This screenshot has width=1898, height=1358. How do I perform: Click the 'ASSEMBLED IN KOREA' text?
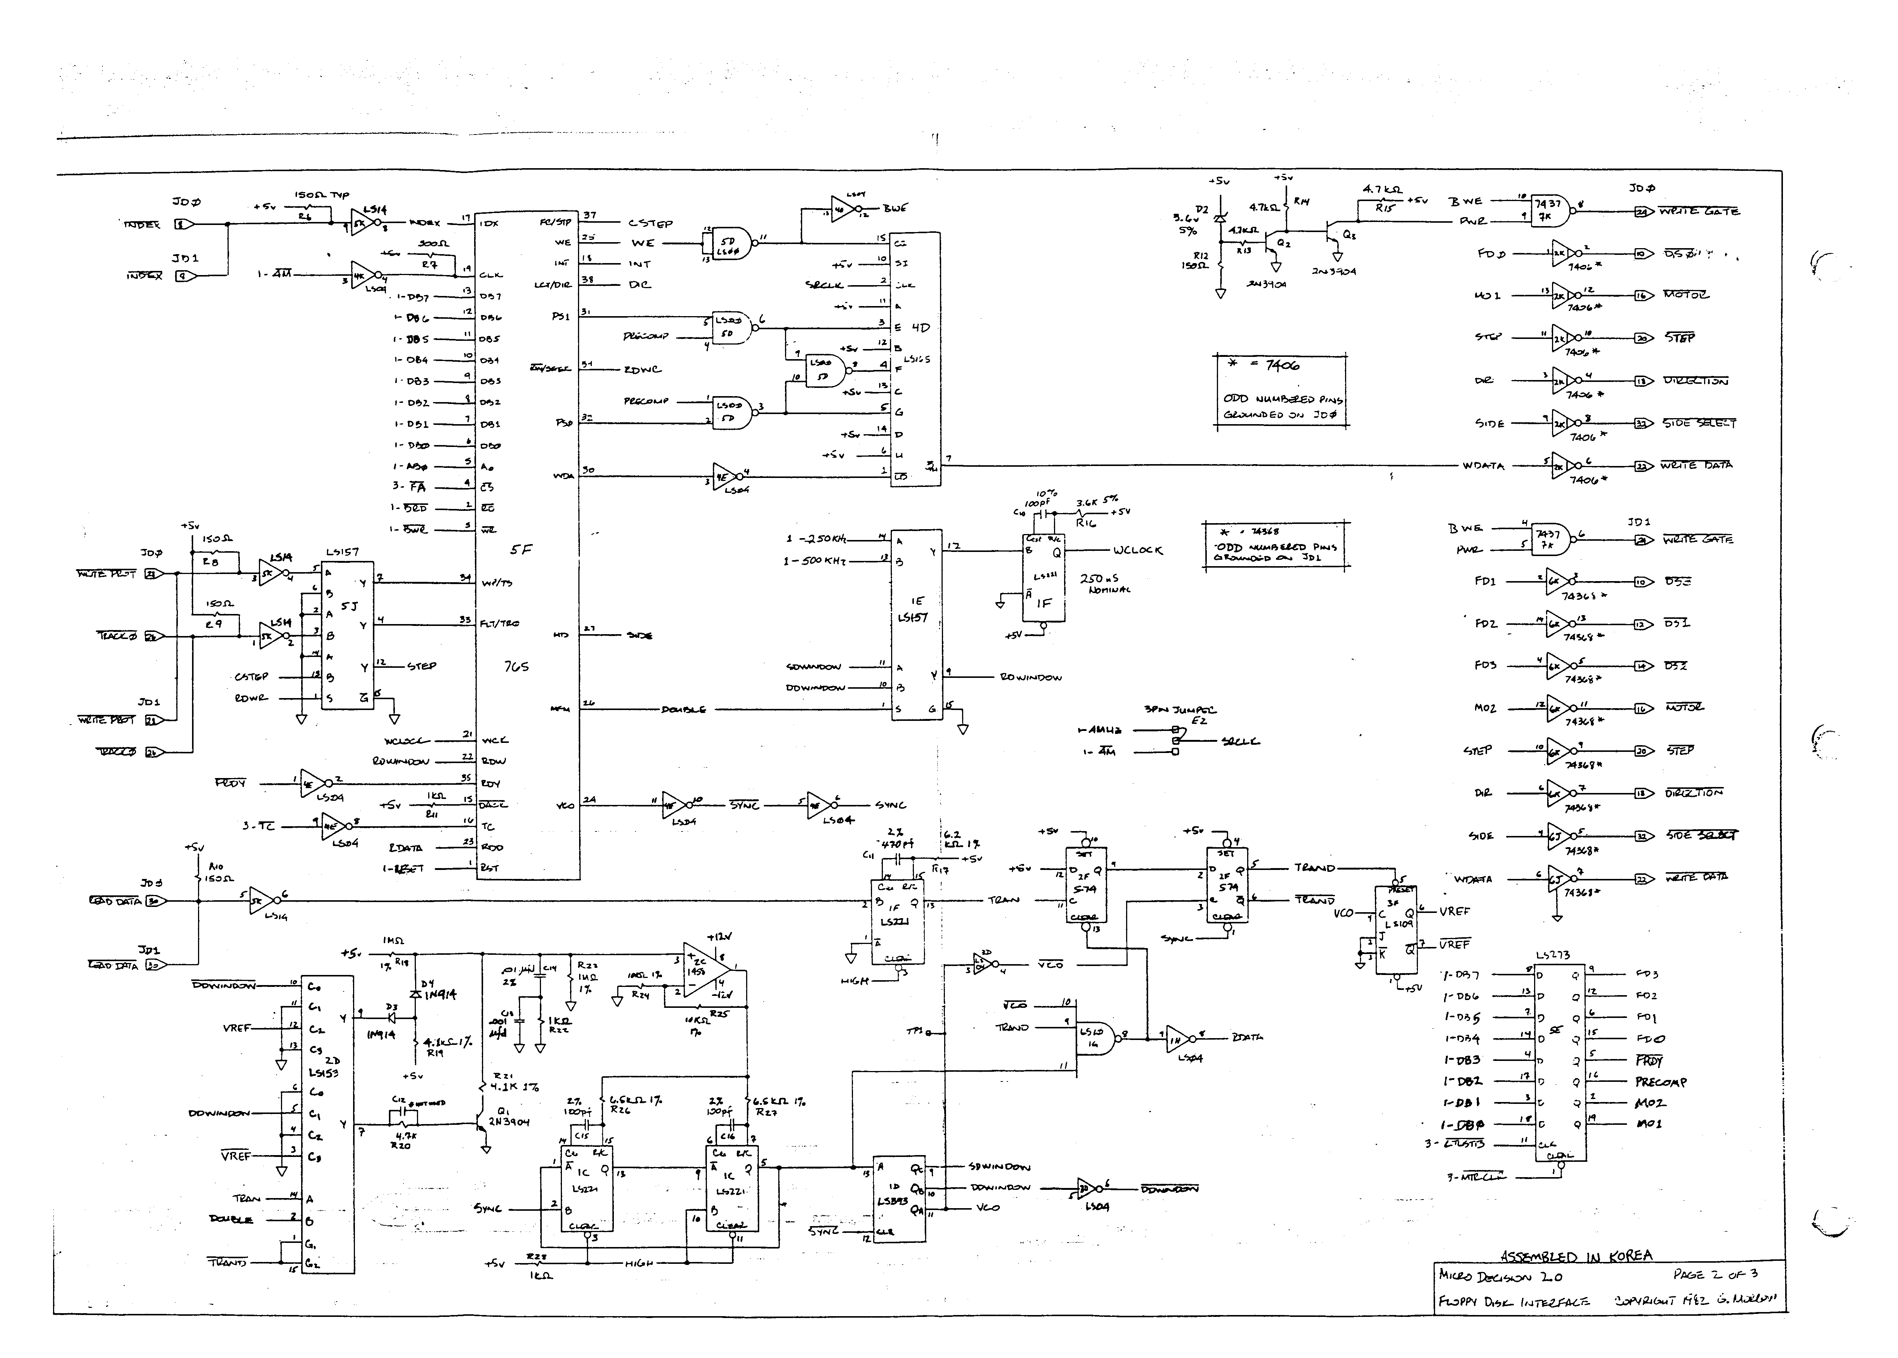coord(1576,1256)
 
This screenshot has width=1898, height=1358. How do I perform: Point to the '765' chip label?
coord(516,666)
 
